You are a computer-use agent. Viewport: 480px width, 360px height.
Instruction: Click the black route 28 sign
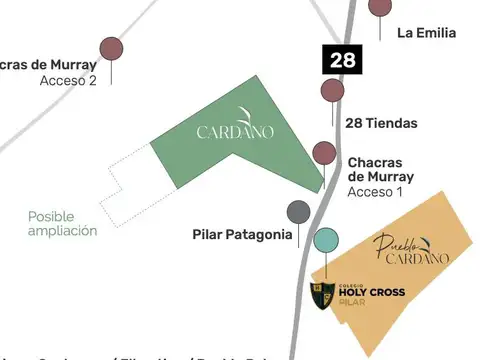342,60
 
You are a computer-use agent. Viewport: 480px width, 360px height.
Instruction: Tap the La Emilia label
426,33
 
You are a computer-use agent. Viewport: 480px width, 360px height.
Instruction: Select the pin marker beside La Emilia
380,6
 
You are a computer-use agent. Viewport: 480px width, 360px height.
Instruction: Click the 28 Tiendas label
381,123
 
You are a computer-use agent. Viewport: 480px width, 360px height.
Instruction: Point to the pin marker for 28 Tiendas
333,91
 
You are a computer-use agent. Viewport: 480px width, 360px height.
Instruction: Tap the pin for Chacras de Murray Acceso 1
324,152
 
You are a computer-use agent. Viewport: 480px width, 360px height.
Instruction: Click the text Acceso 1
375,191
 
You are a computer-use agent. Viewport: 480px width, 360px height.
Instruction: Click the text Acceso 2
68,80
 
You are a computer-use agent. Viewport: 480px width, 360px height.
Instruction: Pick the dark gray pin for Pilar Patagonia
298,211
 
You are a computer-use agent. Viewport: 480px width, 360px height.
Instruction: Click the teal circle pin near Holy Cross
326,240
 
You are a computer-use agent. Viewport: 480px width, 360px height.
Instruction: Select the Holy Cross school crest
323,295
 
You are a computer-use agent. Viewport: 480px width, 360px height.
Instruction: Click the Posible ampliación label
62,223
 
